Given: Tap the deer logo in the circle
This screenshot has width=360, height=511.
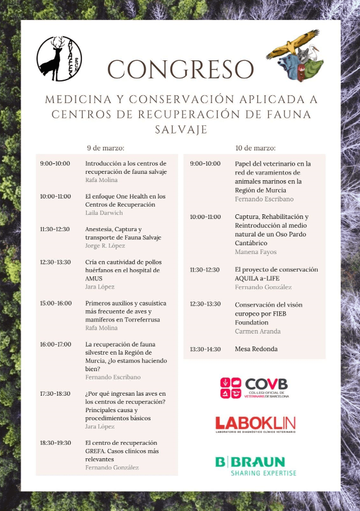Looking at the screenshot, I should [x=59, y=59].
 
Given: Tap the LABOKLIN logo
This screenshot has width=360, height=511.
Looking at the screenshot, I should [x=255, y=424].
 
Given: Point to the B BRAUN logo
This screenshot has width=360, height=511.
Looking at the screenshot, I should [x=255, y=466].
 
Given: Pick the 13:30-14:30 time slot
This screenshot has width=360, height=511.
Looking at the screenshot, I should [x=205, y=349].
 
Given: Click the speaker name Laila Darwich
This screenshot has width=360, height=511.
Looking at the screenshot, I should [x=104, y=213].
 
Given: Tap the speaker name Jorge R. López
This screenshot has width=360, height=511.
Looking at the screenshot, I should [x=105, y=246].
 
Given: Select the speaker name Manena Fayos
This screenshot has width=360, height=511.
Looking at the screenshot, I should [x=255, y=252].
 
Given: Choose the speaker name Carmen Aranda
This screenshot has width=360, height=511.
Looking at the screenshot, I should [x=258, y=331].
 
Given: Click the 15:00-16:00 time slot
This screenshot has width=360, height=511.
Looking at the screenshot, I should [x=56, y=303].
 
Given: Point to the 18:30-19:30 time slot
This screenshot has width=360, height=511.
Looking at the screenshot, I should [x=56, y=443].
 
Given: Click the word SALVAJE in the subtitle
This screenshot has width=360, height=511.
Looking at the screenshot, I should [x=180, y=129].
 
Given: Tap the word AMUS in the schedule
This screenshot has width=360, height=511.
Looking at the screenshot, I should [x=94, y=278].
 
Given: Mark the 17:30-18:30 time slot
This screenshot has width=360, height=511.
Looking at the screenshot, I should [x=56, y=393].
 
